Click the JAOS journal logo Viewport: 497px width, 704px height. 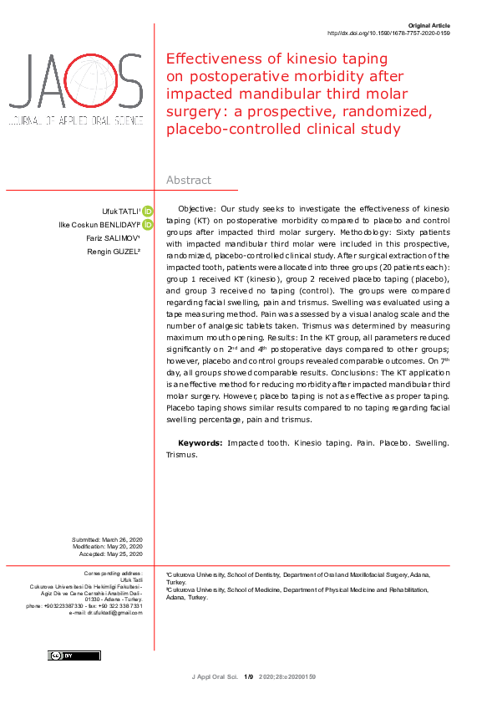click(x=75, y=90)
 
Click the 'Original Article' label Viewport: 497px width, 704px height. click(x=431, y=27)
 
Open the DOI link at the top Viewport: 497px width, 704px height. click(x=388, y=34)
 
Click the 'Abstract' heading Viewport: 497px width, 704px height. click(x=189, y=180)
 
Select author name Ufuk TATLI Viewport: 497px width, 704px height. click(x=120, y=211)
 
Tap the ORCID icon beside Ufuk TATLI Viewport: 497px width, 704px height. click(x=148, y=211)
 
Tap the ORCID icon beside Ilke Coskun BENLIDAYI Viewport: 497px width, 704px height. click(x=148, y=225)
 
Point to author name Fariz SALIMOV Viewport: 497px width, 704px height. click(x=118, y=238)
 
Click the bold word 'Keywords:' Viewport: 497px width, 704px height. click(x=200, y=442)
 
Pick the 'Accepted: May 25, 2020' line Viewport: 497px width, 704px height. click(x=111, y=554)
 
